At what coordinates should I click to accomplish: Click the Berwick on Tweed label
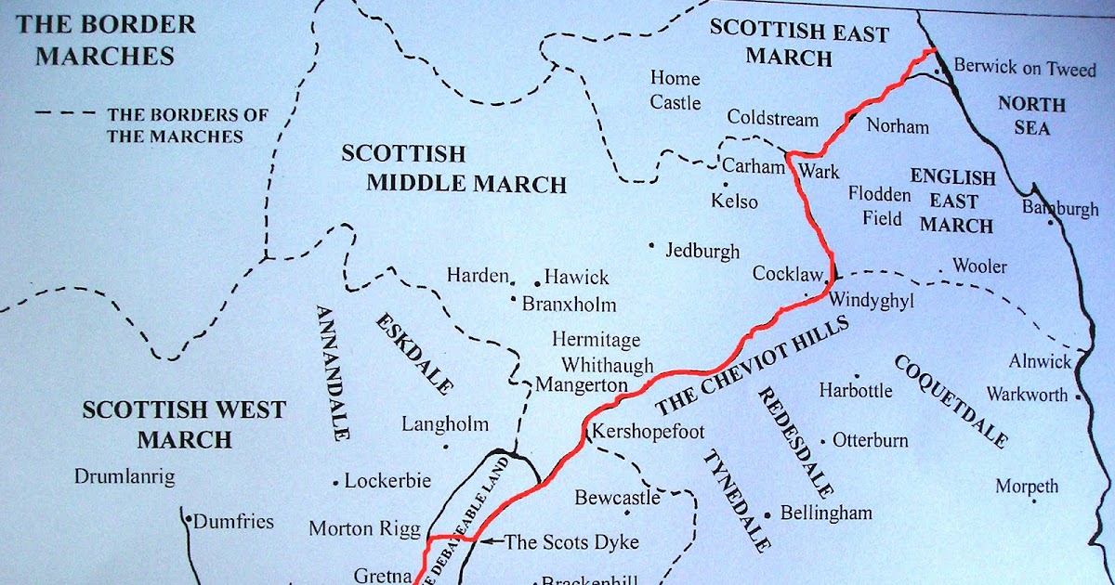point(1025,69)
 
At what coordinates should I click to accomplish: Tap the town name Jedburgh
point(702,251)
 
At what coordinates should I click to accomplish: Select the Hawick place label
point(576,277)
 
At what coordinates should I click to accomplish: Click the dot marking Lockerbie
point(335,483)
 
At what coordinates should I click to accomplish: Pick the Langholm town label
point(445,424)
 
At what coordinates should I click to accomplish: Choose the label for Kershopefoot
point(649,432)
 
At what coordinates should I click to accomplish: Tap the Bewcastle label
point(616,498)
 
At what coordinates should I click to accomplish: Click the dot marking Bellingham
point(767,514)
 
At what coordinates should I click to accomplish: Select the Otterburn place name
point(871,440)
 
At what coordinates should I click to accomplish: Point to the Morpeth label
point(1027,486)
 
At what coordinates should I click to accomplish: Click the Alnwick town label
point(1041,362)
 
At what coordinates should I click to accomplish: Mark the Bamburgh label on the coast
point(1060,208)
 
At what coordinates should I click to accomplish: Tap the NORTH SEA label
point(1031,115)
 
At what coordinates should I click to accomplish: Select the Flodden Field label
point(879,206)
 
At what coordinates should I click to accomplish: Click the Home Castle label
point(676,90)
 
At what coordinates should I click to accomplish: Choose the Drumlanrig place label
point(125,477)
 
